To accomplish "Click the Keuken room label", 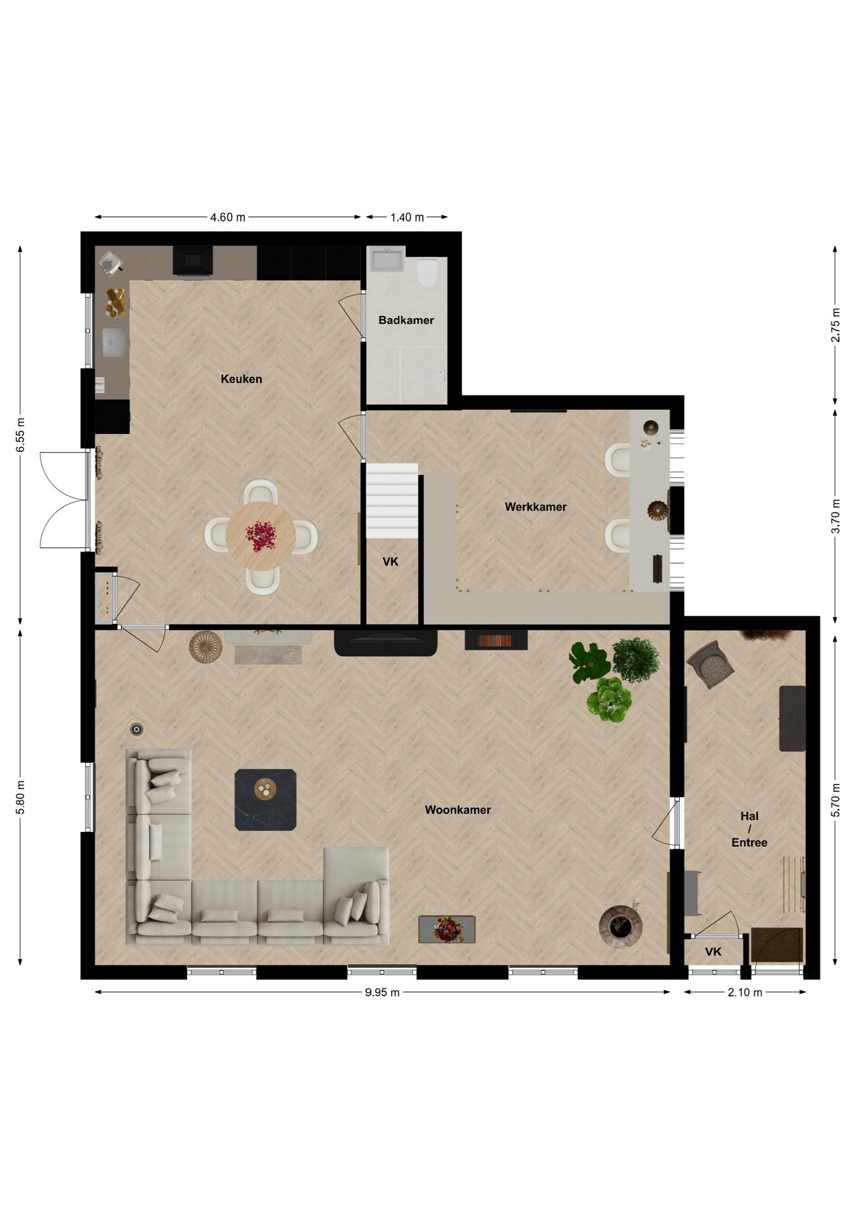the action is (241, 379).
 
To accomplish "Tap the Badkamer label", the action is (406, 320).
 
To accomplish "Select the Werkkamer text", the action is (536, 507).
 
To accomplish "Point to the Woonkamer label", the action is (458, 810).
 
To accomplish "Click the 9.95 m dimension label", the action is (382, 992).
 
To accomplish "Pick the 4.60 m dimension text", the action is (227, 217).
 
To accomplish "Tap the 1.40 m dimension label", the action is (407, 217).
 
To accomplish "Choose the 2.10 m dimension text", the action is (745, 992).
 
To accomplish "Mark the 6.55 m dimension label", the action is (21, 434).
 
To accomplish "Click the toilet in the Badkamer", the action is (427, 272).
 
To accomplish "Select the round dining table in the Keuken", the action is (261, 536).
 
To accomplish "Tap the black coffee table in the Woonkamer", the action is (265, 800).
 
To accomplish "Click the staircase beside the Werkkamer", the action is (392, 501).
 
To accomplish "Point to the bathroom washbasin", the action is (385, 259).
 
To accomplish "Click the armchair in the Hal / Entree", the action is (711, 664).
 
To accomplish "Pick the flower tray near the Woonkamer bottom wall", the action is (447, 929).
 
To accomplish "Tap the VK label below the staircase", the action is (390, 562).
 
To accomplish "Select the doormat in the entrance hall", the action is (777, 945).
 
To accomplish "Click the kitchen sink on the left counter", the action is (114, 343).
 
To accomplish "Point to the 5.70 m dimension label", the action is (835, 800).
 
